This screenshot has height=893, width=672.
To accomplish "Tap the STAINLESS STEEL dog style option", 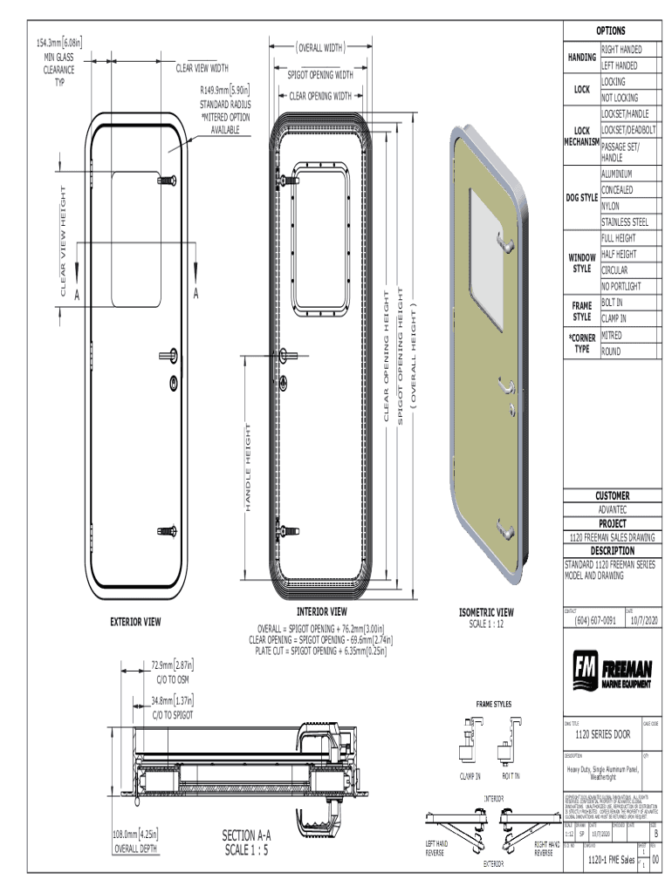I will click(625, 222).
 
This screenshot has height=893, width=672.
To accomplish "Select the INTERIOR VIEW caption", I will click(322, 612).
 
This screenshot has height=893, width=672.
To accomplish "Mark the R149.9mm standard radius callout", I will click(225, 89).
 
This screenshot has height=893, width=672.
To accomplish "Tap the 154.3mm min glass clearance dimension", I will click(59, 42).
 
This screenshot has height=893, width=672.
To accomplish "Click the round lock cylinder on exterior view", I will click(174, 383).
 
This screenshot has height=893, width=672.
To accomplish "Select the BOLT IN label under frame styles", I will click(512, 776).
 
